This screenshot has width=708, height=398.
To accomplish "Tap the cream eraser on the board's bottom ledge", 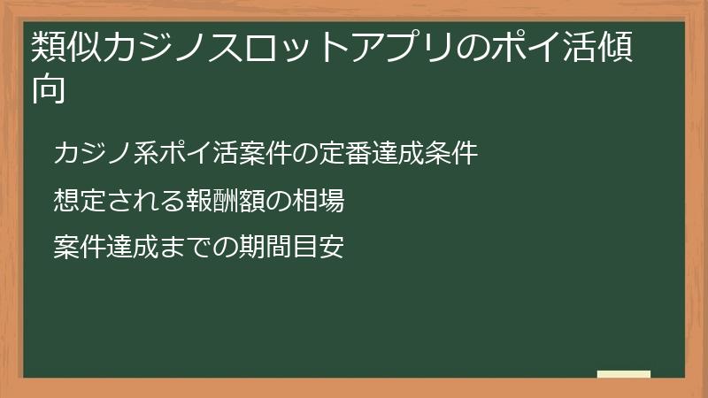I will (623, 374).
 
